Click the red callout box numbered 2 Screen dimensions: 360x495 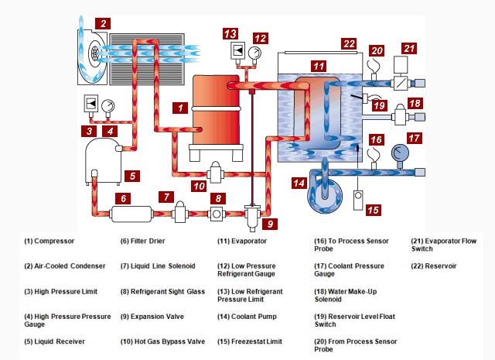coord(102,23)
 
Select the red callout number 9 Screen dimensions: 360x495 coord(269,225)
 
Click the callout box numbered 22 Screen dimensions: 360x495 coord(350,43)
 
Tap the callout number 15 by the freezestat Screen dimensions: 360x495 coord(373,209)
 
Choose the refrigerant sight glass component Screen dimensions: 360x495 coord(218,211)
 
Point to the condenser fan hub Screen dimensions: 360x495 coord(94,53)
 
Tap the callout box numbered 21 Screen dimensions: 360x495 coord(409,48)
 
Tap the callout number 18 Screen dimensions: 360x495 coord(415,103)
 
